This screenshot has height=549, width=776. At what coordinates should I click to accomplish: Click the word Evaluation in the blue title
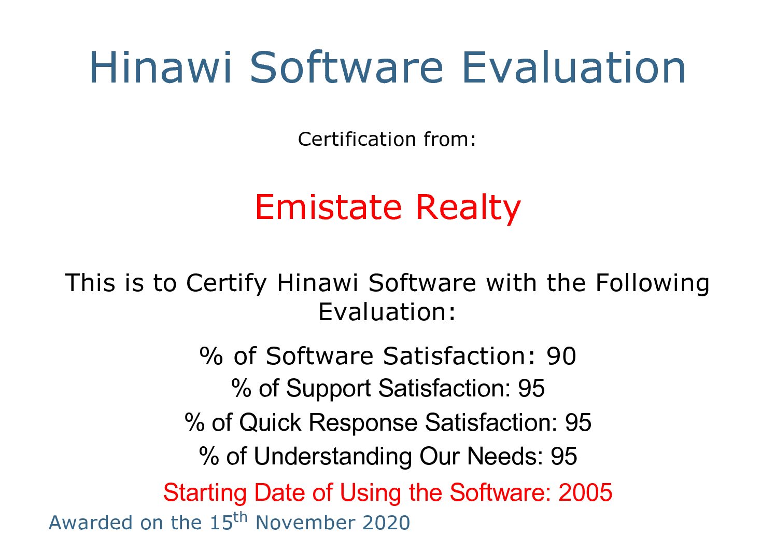tap(574, 67)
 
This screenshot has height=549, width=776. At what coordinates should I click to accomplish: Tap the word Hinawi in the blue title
tap(160, 67)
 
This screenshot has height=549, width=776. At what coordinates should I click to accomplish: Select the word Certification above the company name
tap(357, 140)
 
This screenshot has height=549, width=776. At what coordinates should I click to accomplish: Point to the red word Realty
tap(468, 209)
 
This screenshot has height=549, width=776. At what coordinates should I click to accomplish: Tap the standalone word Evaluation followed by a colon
tap(386, 312)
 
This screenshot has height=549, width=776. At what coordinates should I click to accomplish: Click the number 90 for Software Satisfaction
tap(561, 356)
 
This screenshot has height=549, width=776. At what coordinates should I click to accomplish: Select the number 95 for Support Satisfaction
tap(531, 388)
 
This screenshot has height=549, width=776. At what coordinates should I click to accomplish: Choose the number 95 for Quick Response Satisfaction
tap(578, 422)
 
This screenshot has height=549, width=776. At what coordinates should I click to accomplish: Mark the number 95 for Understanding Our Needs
tap(564, 456)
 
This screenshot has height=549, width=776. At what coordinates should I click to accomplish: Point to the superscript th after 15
tap(240, 518)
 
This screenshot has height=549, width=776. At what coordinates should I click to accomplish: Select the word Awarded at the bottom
tap(91, 523)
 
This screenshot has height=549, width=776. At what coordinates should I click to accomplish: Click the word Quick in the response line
tap(270, 423)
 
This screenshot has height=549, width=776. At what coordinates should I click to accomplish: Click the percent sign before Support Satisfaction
tap(241, 388)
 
